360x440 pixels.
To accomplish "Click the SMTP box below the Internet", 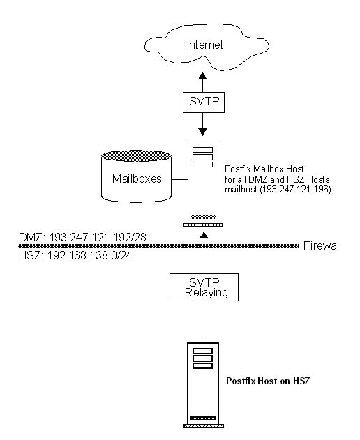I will point(202,101).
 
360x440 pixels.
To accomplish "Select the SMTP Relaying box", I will point(202,287).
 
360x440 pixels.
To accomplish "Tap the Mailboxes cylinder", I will point(135,178).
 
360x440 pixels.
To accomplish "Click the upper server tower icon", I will point(202,183).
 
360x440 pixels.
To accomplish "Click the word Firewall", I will point(323,245).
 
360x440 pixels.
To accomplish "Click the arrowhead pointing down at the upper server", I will point(202,133).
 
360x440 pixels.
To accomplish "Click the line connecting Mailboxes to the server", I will point(180,179).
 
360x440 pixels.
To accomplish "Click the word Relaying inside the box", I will point(202,293).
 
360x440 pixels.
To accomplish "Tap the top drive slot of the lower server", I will point(202,351).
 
